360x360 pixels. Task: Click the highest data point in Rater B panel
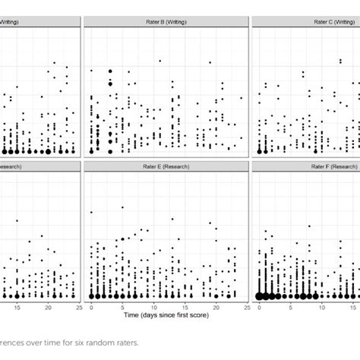click(x=159, y=61)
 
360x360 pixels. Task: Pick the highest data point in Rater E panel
click(x=91, y=212)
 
